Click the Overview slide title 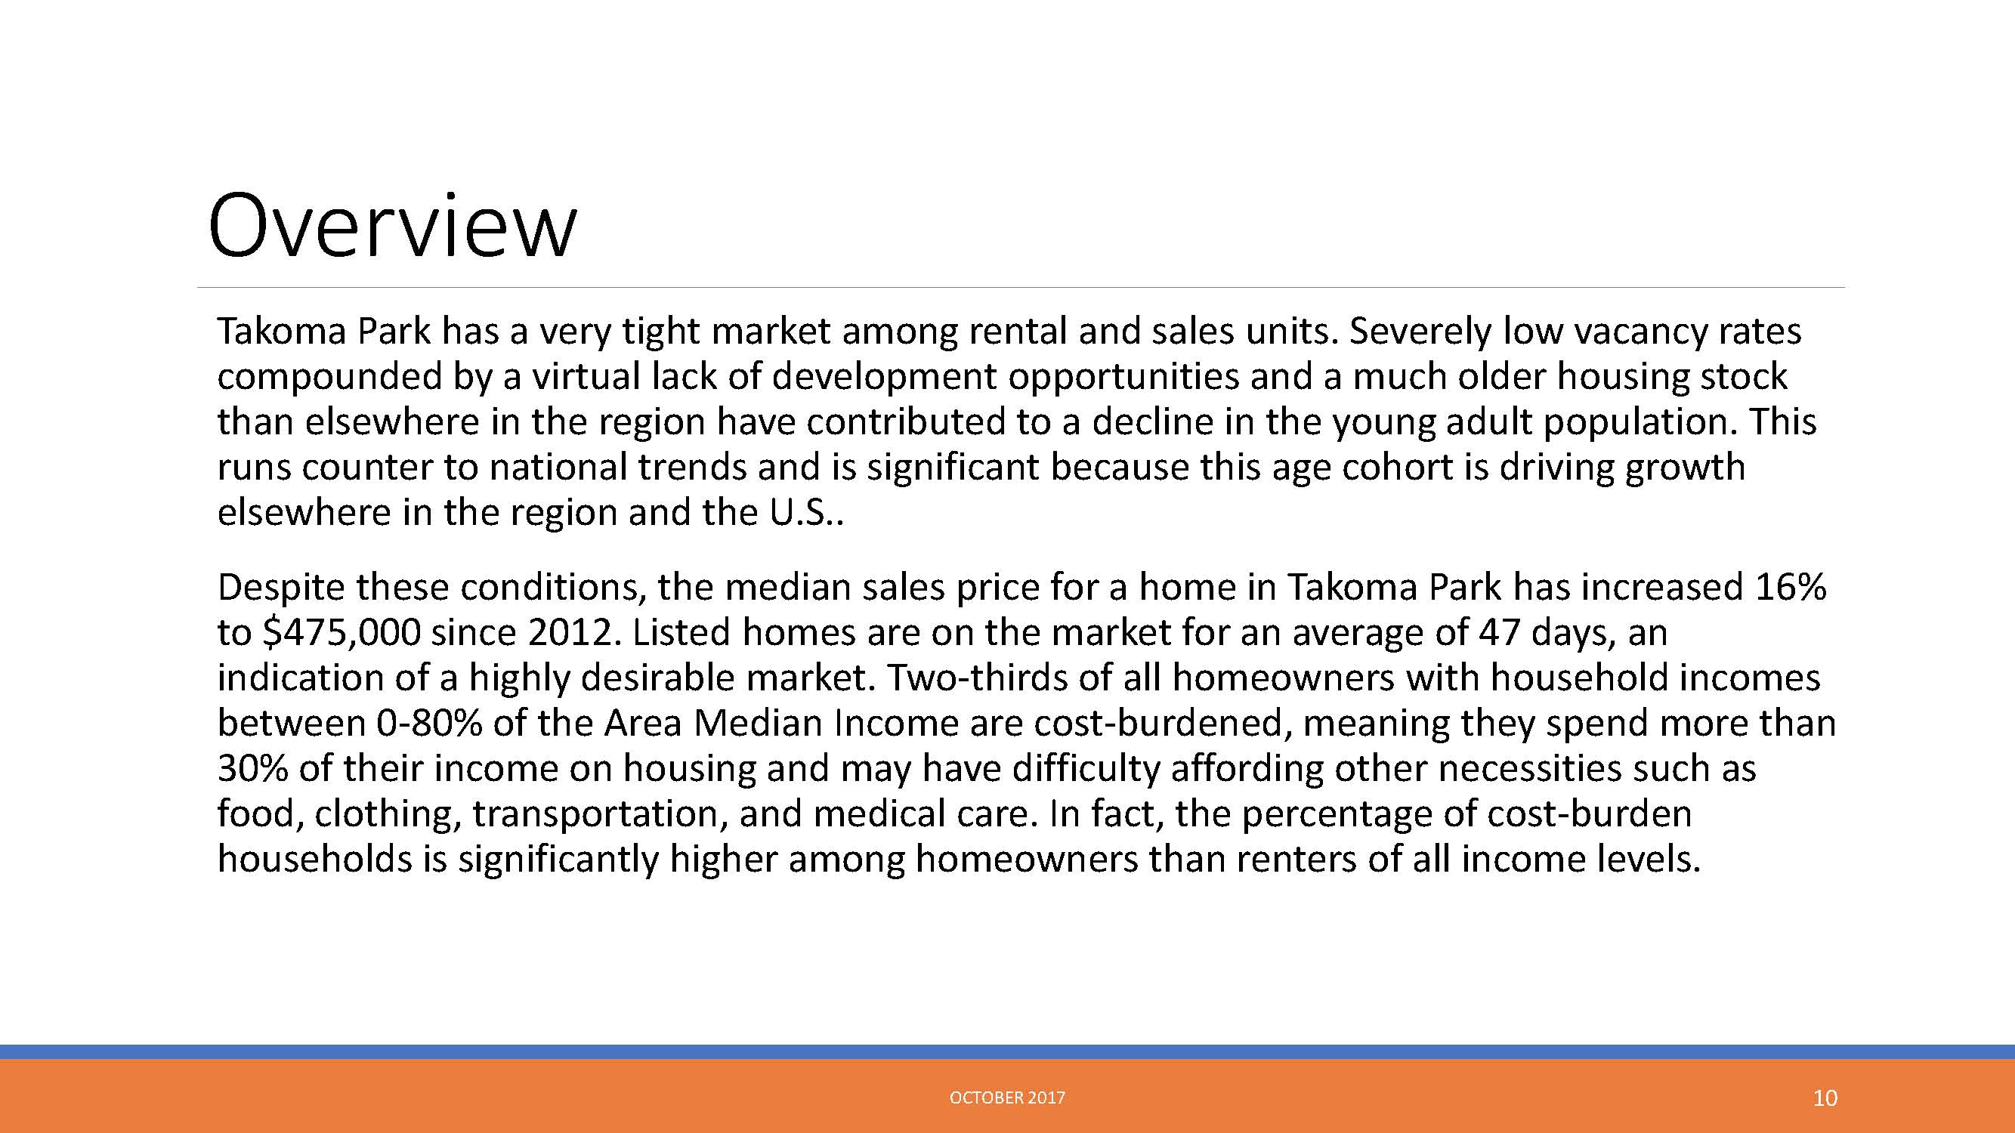click(x=392, y=225)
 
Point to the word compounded click(x=329, y=378)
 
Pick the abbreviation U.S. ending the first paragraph click(x=802, y=513)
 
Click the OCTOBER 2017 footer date click(x=1008, y=1097)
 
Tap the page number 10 click(x=1825, y=1098)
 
